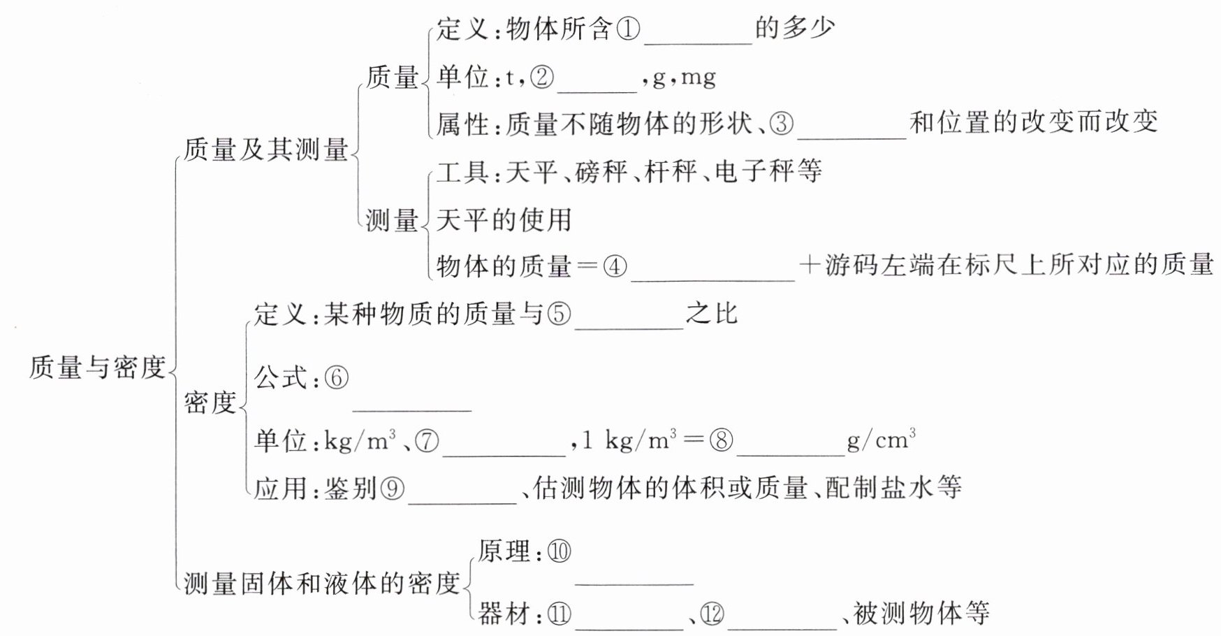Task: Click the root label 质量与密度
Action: (97, 368)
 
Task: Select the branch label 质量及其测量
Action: (265, 150)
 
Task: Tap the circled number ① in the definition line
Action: (628, 29)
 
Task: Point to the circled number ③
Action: (782, 124)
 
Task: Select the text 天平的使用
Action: (504, 220)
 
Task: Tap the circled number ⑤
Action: (559, 314)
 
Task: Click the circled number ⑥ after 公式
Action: (336, 378)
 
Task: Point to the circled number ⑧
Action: (721, 440)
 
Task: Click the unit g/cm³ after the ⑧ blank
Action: (881, 440)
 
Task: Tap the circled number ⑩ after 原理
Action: (559, 552)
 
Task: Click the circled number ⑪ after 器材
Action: (559, 614)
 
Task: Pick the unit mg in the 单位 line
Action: (698, 77)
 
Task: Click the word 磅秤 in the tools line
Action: (601, 171)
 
